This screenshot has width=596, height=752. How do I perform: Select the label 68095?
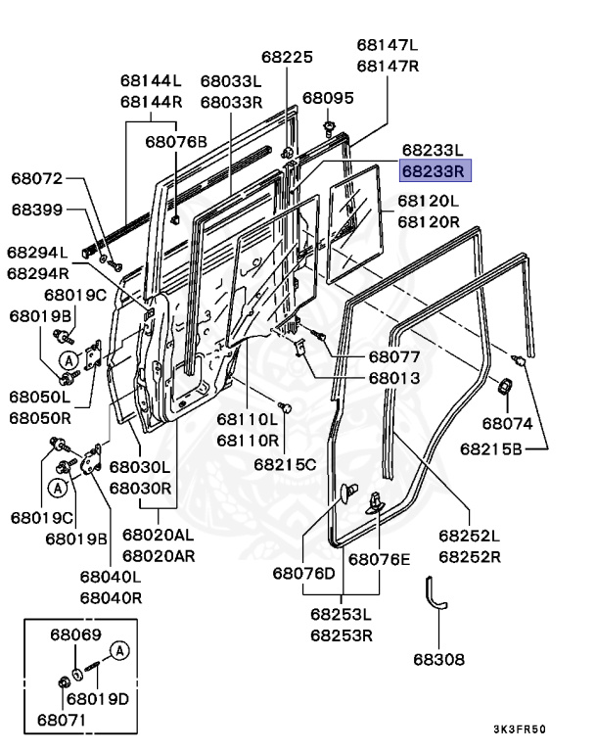(x=328, y=98)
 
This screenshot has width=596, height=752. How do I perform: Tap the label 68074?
(x=507, y=424)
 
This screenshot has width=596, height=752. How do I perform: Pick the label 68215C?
(x=285, y=462)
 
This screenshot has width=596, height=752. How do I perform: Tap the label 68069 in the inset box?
(x=75, y=634)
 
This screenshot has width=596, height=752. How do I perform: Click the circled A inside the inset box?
(x=118, y=649)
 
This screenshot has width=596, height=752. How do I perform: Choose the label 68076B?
(x=176, y=141)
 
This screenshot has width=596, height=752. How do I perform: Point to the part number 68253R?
(x=342, y=635)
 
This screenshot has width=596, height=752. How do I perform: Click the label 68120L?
(x=428, y=201)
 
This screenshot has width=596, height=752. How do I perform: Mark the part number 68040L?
(x=111, y=577)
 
